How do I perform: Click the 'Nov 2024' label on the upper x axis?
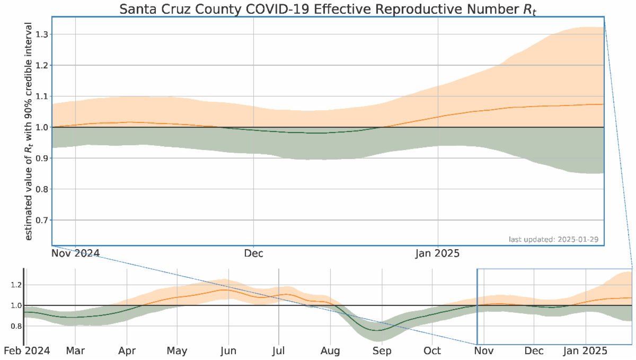pyautogui.click(x=75, y=253)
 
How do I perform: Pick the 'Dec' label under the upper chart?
pyautogui.click(x=253, y=253)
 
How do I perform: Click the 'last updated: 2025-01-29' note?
pyautogui.click(x=553, y=240)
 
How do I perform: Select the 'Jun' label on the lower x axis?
pyautogui.click(x=228, y=351)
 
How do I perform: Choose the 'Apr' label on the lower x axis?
pyautogui.click(x=127, y=351)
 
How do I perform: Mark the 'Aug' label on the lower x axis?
pyautogui.click(x=330, y=351)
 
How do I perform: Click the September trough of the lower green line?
pyautogui.click(x=377, y=330)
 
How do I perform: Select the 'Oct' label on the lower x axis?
pyautogui.click(x=432, y=351)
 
